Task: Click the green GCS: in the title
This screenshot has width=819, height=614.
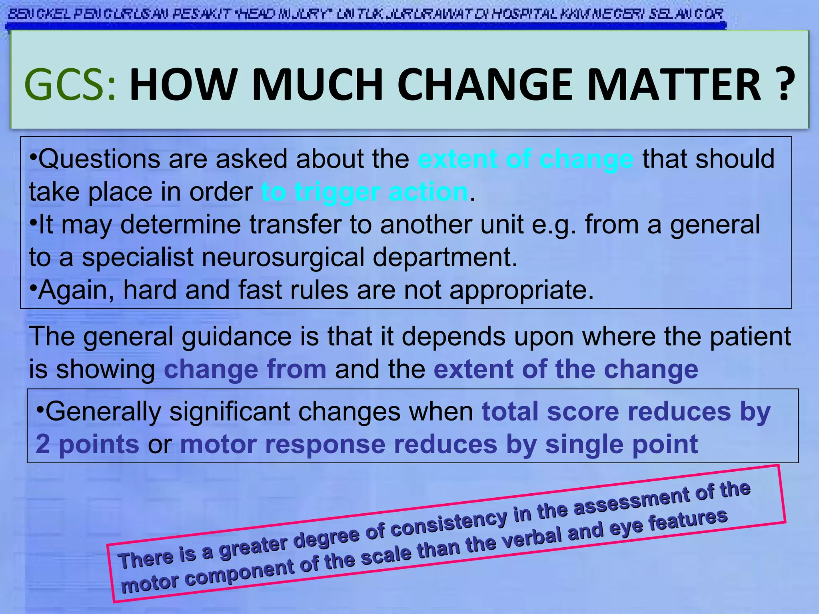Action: tap(70, 85)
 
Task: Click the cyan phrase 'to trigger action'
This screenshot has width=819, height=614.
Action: tap(365, 192)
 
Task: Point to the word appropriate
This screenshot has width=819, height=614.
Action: tap(521, 291)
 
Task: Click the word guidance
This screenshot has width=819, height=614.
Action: tap(236, 337)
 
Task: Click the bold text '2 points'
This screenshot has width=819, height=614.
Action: tap(87, 444)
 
